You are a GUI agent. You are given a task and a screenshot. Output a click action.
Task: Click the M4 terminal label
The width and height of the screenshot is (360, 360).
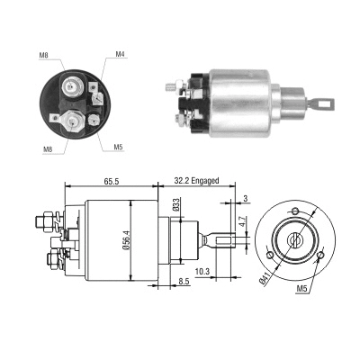point(120,55)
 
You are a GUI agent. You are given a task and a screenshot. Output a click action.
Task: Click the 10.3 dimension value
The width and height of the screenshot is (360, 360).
point(202,270)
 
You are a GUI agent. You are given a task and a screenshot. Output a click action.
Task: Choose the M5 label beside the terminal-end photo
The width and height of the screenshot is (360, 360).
point(119,147)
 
